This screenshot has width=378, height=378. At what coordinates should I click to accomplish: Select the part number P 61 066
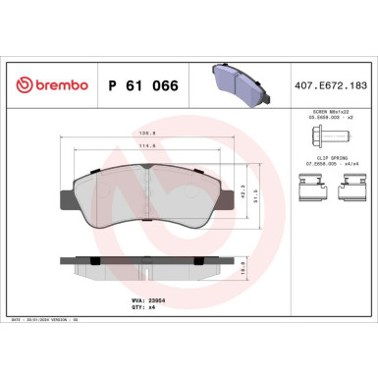pos(141,84)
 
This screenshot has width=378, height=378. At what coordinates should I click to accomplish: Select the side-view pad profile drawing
pos(146,265)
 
